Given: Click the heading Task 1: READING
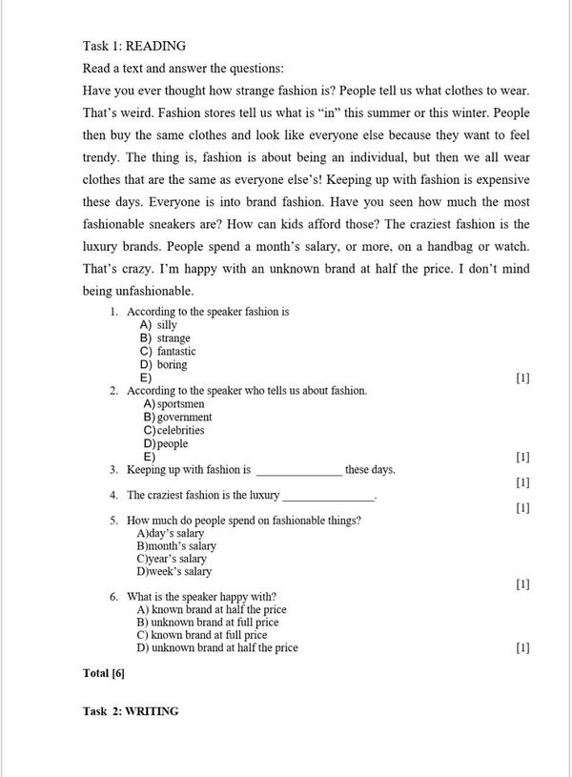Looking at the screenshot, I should coord(134,45).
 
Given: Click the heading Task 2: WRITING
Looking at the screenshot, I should coord(131,710).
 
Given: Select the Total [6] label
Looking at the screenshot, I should coord(104,673).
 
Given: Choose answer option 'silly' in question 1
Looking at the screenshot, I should coord(167,325).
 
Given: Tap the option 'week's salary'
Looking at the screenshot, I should coord(174,572).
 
